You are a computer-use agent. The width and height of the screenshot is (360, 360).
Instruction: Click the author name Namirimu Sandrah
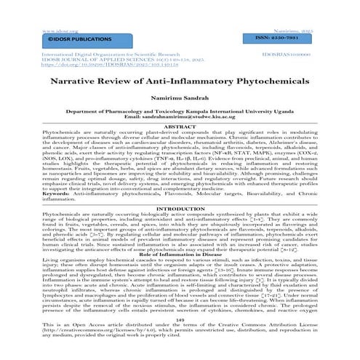pos(180,105)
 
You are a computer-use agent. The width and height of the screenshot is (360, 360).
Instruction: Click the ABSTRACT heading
pos(180,131)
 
